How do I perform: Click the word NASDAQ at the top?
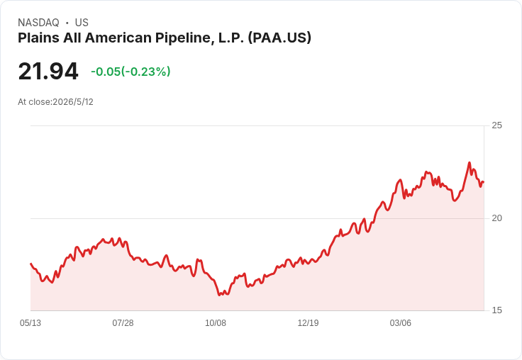38,23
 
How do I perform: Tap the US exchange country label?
82,23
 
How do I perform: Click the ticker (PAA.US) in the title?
279,38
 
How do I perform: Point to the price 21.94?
48,71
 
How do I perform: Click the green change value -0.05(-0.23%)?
130,72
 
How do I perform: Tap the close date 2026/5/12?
73,102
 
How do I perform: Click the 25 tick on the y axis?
496,125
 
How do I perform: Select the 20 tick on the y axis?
496,218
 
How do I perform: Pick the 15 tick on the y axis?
496,310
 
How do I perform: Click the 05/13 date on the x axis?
30,323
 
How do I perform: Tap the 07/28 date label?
123,323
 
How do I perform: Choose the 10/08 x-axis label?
216,323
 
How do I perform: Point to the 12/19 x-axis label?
308,323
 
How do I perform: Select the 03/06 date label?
401,323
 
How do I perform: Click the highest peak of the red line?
470,163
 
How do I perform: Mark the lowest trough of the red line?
219,295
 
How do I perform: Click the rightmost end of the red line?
484,182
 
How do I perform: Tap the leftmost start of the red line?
31,264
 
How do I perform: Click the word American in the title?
118,38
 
